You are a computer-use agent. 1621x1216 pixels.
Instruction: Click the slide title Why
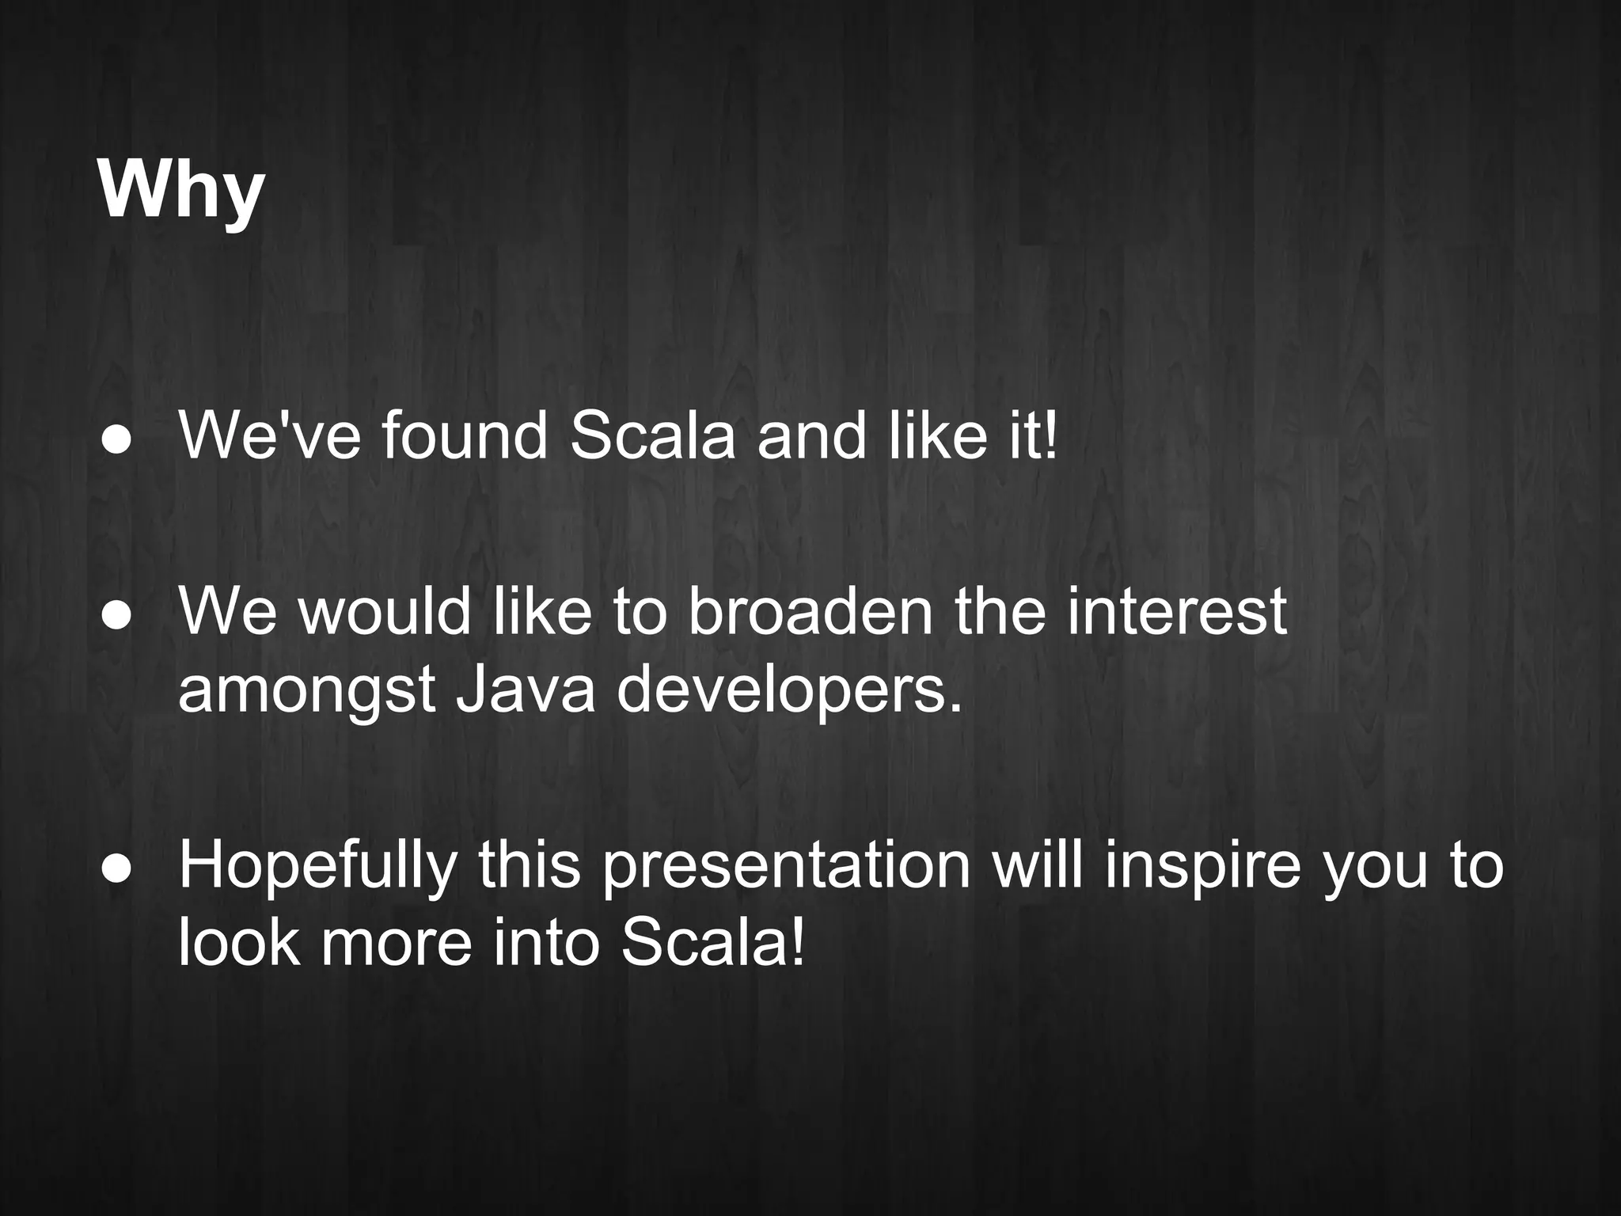(x=180, y=192)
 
